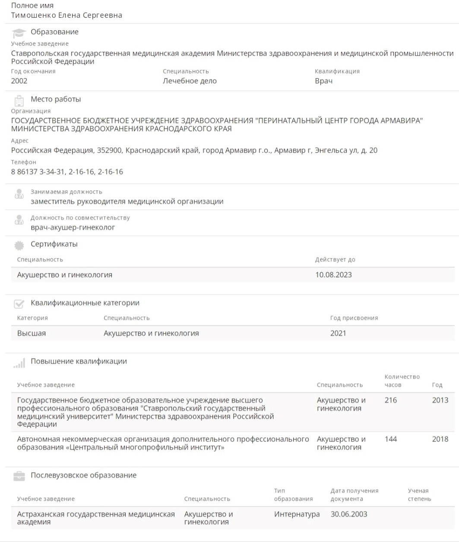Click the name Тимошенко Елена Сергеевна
tap(66, 16)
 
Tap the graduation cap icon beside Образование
tap(19, 33)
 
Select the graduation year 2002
tap(19, 81)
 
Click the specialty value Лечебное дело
tap(190, 81)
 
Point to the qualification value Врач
tap(323, 81)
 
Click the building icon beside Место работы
tap(19, 100)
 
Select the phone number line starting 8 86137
tap(67, 172)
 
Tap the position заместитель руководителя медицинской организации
tap(127, 201)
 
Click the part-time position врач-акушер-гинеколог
tap(73, 227)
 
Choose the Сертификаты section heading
tap(54, 244)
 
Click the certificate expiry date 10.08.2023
tap(333, 275)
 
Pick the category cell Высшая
tap(32, 333)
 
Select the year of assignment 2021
tap(338, 333)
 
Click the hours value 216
tap(390, 400)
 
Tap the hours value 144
tap(390, 439)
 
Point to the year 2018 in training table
tap(440, 439)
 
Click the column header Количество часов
tap(402, 381)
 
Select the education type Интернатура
tap(297, 514)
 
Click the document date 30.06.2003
tap(349, 514)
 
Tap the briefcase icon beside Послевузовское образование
tap(19, 476)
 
